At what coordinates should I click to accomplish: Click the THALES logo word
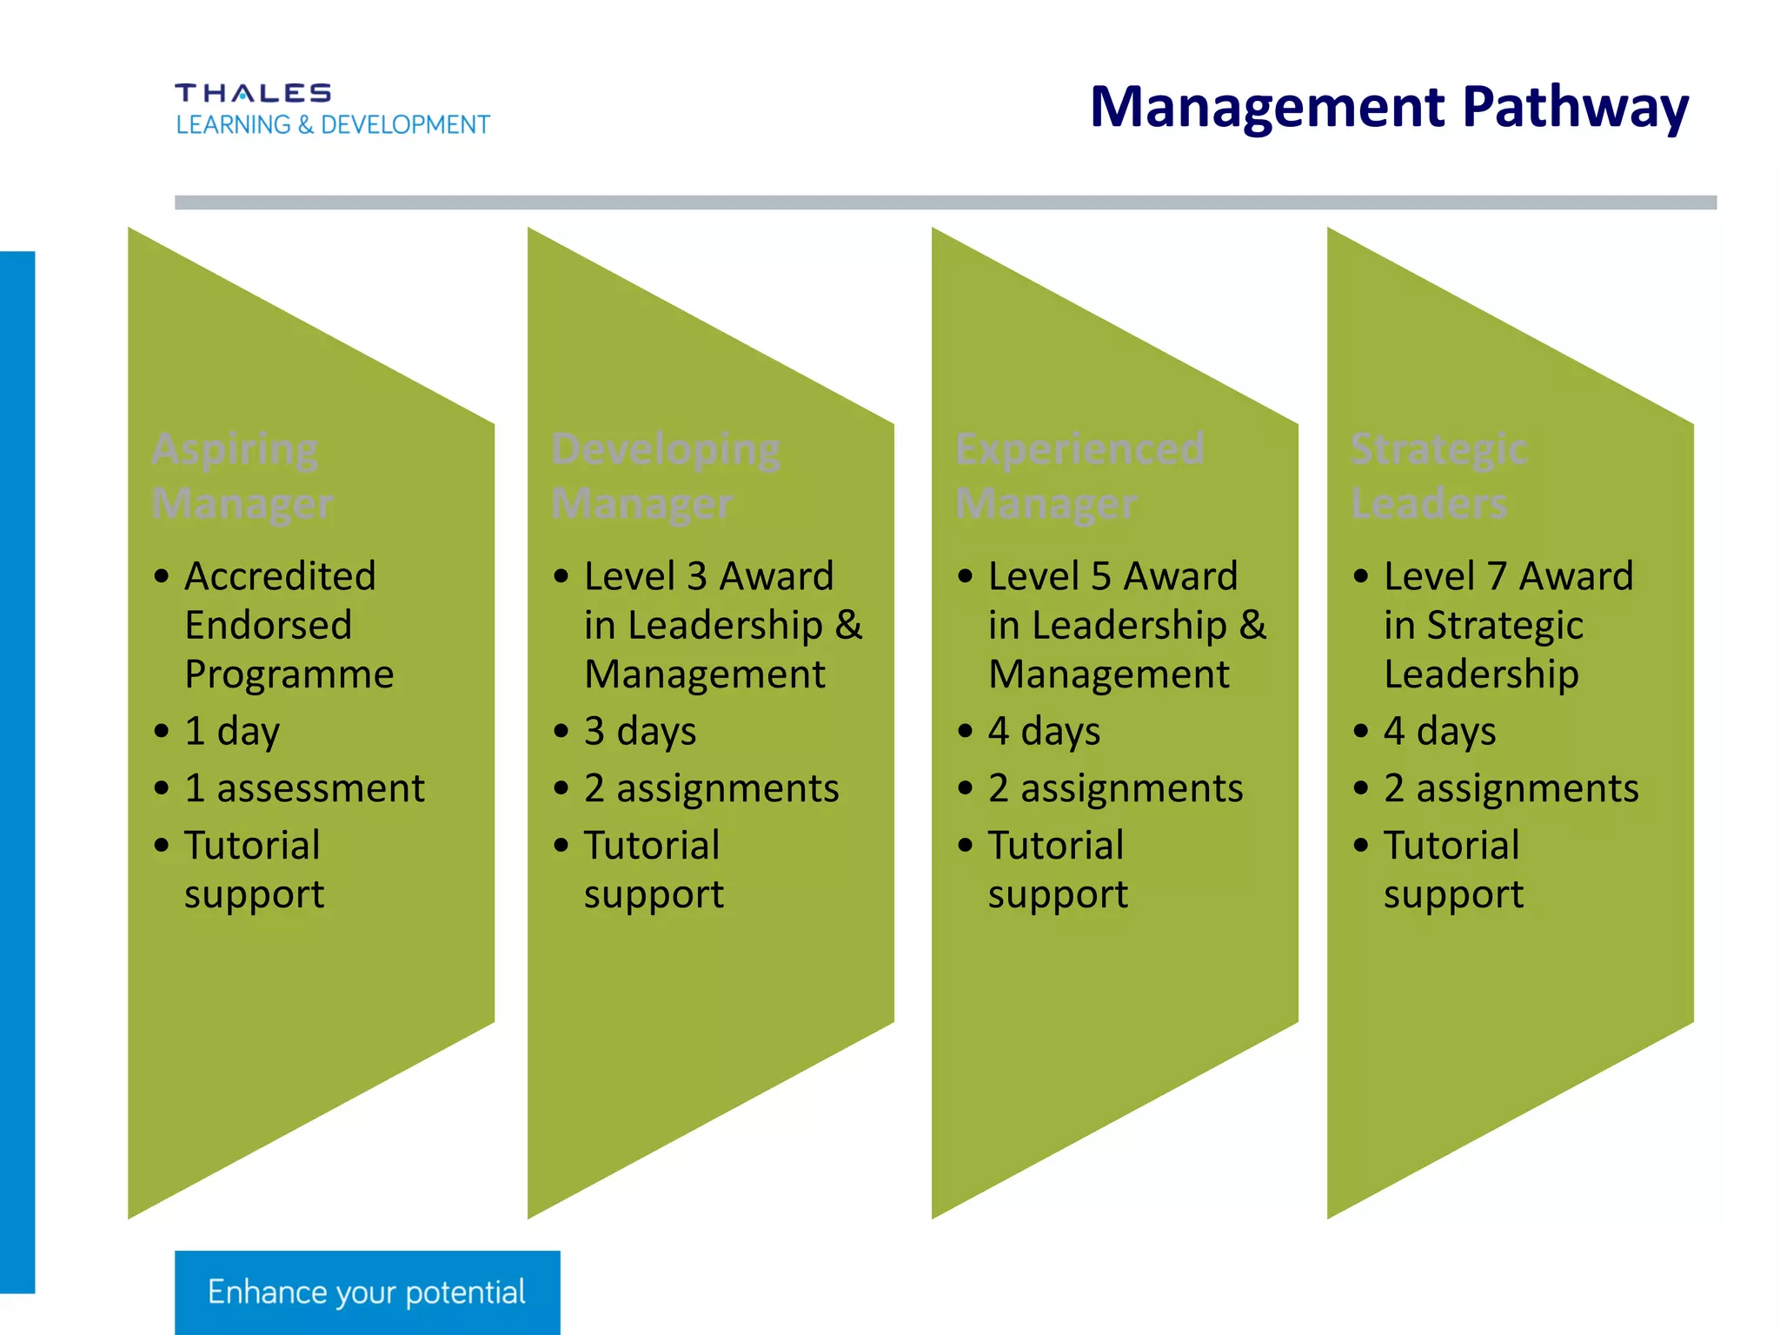coord(253,93)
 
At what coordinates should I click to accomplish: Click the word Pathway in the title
coord(1575,108)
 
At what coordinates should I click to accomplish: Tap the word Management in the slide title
coord(1268,108)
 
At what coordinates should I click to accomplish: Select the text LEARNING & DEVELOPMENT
coord(333,125)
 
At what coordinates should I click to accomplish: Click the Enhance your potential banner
coord(367,1292)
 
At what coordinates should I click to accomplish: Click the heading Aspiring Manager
coord(242,476)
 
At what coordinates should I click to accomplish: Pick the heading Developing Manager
coord(665,476)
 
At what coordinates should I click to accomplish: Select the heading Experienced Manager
coord(1079,476)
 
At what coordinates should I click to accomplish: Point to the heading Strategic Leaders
coord(1438,476)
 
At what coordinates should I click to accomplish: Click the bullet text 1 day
coord(232,731)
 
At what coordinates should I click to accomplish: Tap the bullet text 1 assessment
coord(304,788)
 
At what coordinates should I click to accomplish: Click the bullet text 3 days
coord(640,731)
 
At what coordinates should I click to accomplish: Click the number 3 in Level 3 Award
coord(696,576)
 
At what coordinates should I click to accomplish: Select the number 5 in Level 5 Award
coord(1100,576)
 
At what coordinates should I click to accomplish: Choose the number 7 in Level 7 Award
coord(1496,576)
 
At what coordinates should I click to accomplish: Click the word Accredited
coord(280,576)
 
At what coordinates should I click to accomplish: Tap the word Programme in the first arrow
coord(289,674)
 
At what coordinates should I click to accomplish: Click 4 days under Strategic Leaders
coord(1439,731)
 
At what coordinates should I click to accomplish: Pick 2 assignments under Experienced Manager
coord(1115,788)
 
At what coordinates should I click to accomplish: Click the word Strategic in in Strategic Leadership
coord(1504,626)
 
